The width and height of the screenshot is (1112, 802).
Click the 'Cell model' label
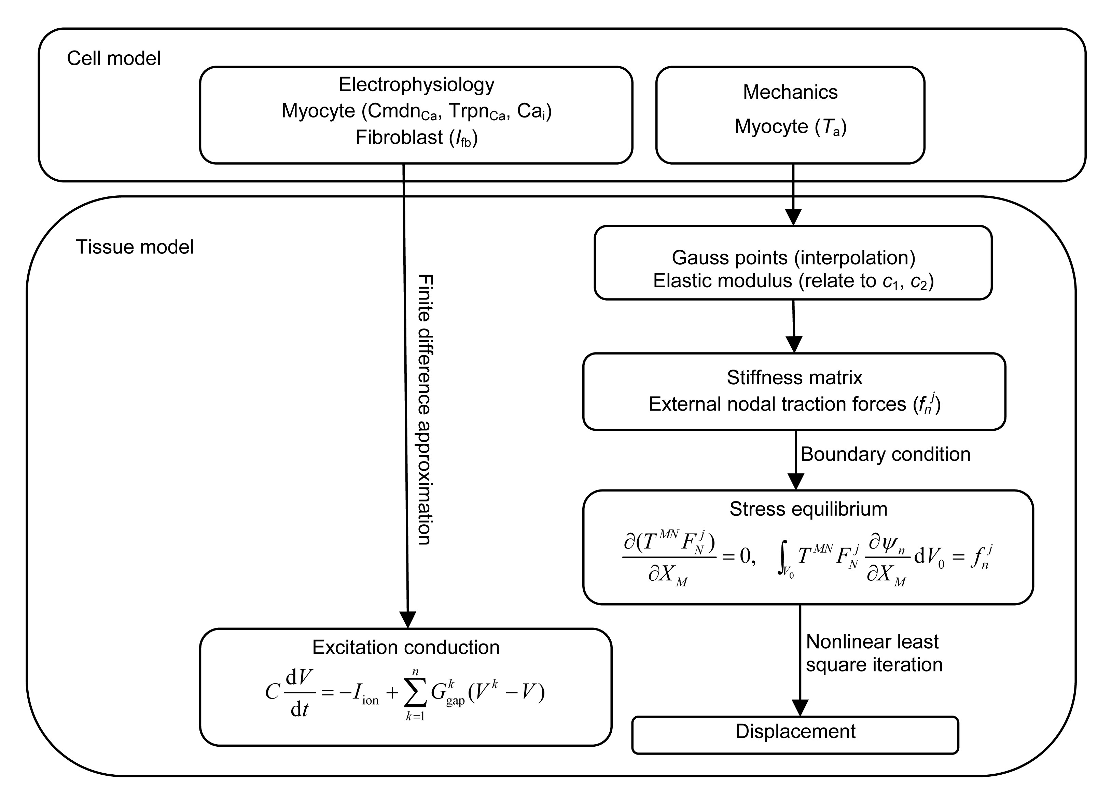[114, 58]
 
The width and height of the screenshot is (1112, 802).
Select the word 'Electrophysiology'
[416, 84]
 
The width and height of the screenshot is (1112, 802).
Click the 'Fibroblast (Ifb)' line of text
[416, 138]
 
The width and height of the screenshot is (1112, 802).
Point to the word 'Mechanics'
[790, 92]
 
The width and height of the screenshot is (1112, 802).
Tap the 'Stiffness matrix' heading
[794, 377]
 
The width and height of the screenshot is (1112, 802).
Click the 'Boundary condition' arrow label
[885, 454]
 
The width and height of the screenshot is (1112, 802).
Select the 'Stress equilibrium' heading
[808, 509]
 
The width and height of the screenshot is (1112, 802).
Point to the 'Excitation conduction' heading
[406, 648]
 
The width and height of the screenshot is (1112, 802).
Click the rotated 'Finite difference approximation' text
[424, 409]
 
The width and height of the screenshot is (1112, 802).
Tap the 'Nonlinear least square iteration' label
[874, 653]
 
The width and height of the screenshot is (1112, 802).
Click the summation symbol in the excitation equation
[415, 693]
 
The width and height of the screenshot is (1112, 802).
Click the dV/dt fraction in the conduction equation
[299, 693]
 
